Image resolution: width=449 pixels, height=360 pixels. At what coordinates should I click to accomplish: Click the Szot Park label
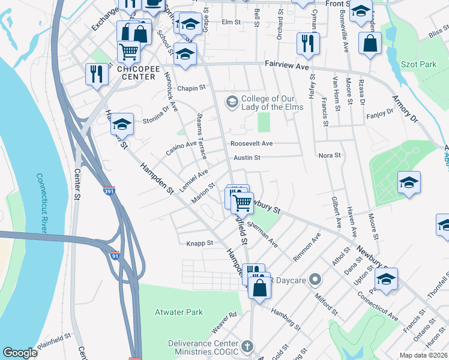(420, 64)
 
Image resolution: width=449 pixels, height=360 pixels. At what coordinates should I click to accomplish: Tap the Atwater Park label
(179, 312)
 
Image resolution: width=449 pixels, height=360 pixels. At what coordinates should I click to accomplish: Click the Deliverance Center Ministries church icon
(247, 347)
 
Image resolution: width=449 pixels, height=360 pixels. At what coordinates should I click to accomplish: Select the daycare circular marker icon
(317, 280)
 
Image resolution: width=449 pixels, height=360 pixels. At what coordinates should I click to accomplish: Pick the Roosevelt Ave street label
(252, 143)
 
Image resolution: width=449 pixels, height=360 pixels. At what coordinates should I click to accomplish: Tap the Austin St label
(247, 158)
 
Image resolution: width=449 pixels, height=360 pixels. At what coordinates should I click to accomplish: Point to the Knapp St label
(200, 243)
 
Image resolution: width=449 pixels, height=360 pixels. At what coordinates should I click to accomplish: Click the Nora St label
(330, 155)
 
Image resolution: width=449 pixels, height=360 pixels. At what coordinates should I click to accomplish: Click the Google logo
(20, 353)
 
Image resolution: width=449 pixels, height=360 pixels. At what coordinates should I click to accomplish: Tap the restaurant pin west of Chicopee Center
(96, 74)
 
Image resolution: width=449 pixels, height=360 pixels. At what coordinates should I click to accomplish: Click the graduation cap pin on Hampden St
(122, 124)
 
